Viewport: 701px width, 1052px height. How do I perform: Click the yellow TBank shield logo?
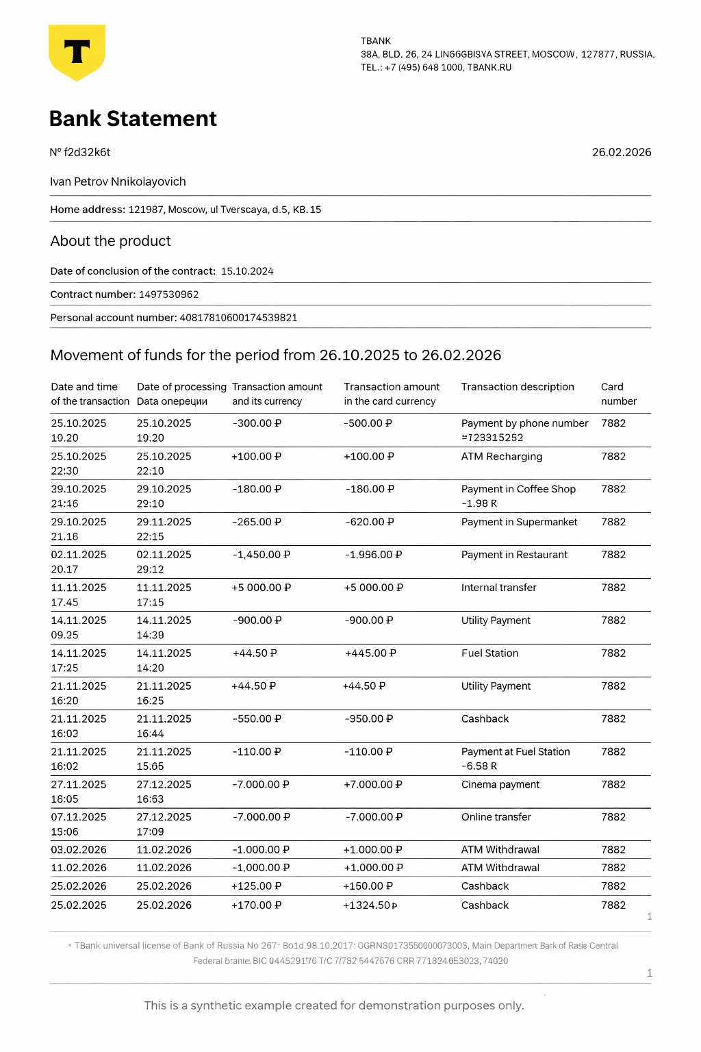pos(77,52)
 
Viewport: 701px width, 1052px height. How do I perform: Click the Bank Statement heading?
pos(133,118)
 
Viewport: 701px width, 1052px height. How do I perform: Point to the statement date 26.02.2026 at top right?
pos(621,152)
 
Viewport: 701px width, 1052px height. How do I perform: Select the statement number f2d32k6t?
pos(87,152)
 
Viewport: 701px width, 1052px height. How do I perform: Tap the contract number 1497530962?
pos(168,295)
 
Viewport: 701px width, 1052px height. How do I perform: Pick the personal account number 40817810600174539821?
pos(238,318)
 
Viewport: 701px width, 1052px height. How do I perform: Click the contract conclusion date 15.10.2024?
pos(247,271)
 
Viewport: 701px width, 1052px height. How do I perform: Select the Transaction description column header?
pos(517,387)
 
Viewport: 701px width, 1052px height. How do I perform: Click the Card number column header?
pos(618,394)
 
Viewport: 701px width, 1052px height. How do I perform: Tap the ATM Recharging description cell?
pos(501,457)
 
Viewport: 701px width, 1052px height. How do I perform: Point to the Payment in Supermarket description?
pos(519,522)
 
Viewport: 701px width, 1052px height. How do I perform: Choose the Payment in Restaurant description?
pos(514,555)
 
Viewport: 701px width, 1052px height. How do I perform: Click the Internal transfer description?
pos(498,588)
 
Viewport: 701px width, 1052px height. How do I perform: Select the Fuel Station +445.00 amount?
pos(370,653)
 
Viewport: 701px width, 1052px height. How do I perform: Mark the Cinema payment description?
pos(500,784)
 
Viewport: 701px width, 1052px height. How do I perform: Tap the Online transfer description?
pos(496,817)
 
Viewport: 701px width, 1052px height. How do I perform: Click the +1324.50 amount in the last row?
pos(370,905)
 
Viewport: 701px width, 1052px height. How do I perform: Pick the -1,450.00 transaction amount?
pos(261,555)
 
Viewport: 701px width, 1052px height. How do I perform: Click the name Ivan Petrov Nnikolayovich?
pos(118,181)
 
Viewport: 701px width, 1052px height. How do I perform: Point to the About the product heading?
pos(110,241)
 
